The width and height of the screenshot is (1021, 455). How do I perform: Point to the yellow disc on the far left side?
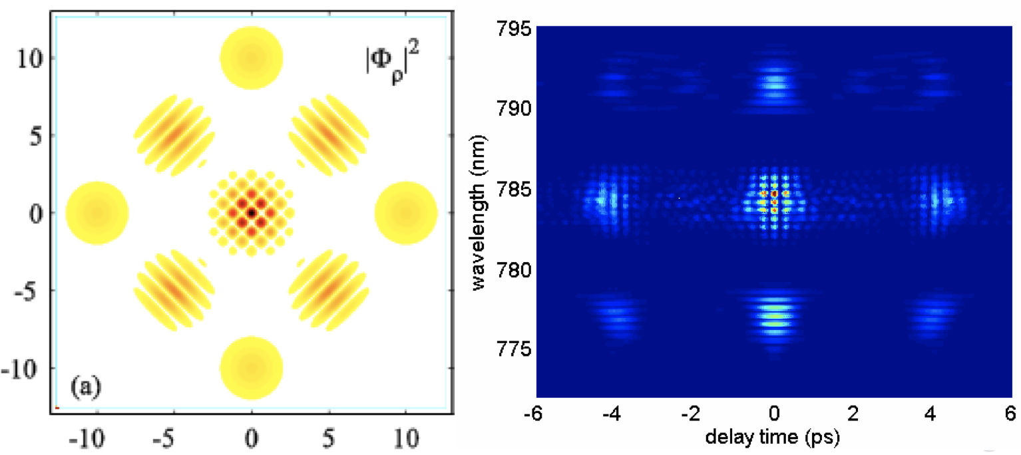(x=97, y=212)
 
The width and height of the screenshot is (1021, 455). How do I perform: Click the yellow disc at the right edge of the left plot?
(x=406, y=212)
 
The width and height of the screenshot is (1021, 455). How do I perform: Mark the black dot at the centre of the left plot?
(x=252, y=212)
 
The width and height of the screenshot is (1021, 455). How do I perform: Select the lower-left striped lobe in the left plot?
(x=175, y=290)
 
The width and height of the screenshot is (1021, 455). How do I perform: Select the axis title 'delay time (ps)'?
(x=774, y=438)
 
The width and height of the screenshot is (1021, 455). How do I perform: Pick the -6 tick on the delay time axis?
(x=536, y=413)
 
